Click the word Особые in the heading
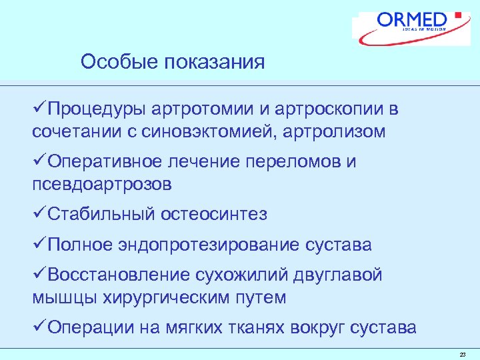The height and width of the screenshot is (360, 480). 112,63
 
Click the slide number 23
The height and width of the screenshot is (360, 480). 463,354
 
